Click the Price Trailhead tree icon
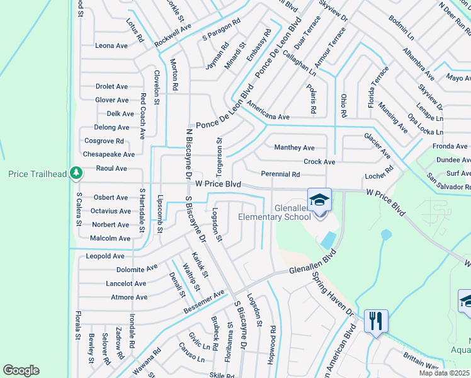pyautogui.click(x=76, y=172)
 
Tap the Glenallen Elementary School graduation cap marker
pyautogui.click(x=319, y=200)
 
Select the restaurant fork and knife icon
pyautogui.click(x=377, y=321)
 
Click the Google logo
pyautogui.click(x=21, y=370)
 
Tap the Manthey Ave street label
pyautogui.click(x=294, y=147)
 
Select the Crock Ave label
pyautogui.click(x=319, y=161)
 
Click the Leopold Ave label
pyautogui.click(x=105, y=256)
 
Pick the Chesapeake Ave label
pyautogui.click(x=109, y=154)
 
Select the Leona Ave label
pyautogui.click(x=111, y=46)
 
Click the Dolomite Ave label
pyautogui.click(x=134, y=268)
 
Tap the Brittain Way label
pyautogui.click(x=421, y=365)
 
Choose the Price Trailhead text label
pyautogui.click(x=35, y=173)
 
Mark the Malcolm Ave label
pyautogui.click(x=110, y=238)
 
